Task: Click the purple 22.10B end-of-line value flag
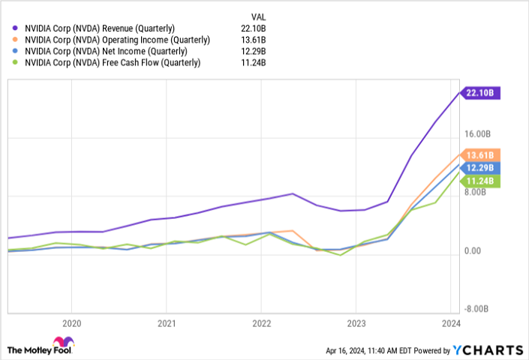pos(481,93)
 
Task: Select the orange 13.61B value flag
pos(481,155)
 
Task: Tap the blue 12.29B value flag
pos(481,167)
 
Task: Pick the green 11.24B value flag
pos(481,181)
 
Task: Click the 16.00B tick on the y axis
pos(477,134)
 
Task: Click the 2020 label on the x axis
pos(71,325)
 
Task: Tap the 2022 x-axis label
pos(260,325)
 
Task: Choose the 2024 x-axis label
pos(449,325)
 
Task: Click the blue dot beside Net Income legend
pos(16,52)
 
